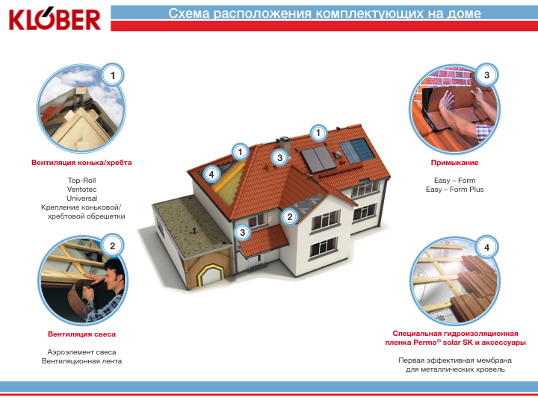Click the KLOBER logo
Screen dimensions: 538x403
(x=55, y=19)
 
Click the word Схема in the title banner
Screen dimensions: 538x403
(x=189, y=13)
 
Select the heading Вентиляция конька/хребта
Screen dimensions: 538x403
(x=81, y=163)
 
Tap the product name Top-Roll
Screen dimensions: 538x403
(x=81, y=181)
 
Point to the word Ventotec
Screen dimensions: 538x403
(x=81, y=189)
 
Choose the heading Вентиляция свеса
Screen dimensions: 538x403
(x=81, y=334)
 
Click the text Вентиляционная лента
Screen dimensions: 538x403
(x=81, y=361)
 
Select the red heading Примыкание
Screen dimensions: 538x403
(x=454, y=163)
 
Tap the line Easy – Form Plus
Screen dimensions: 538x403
(x=454, y=189)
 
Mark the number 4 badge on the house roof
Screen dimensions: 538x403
(x=211, y=174)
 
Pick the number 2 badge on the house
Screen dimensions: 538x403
(x=290, y=216)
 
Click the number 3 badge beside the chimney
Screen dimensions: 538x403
(x=279, y=157)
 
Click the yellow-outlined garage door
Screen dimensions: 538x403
(x=211, y=274)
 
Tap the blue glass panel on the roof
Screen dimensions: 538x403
(x=357, y=150)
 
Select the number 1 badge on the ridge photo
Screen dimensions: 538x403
(x=113, y=75)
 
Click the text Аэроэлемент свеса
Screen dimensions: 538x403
(x=81, y=352)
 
